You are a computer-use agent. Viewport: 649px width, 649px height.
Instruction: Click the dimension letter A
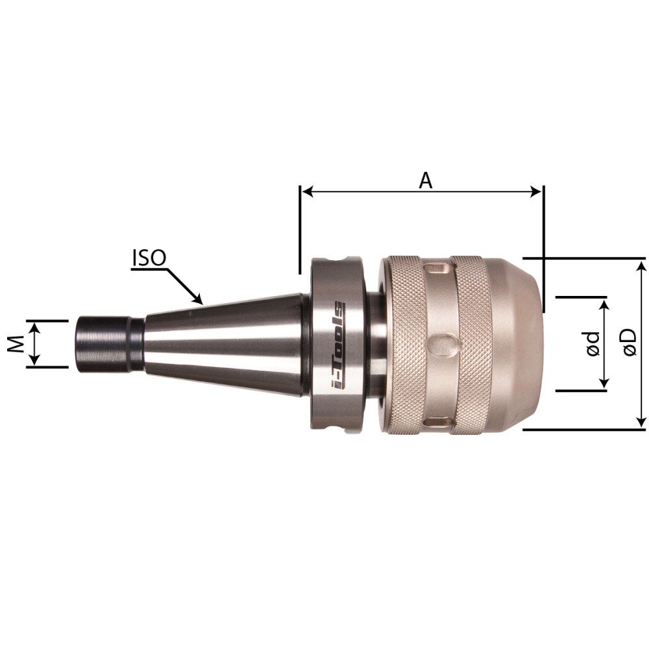(x=426, y=180)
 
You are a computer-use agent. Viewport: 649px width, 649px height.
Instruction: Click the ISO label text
(x=149, y=258)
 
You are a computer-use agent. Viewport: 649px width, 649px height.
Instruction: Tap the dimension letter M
(x=16, y=344)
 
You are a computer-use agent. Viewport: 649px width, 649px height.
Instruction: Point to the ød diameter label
(x=593, y=343)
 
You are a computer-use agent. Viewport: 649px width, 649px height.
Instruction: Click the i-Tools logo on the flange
(x=338, y=345)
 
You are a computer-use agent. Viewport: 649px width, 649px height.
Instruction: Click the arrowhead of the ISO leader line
(x=198, y=300)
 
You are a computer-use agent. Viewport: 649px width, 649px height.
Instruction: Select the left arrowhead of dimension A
(x=307, y=191)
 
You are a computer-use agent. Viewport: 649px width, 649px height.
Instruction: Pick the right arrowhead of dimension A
(x=536, y=191)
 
